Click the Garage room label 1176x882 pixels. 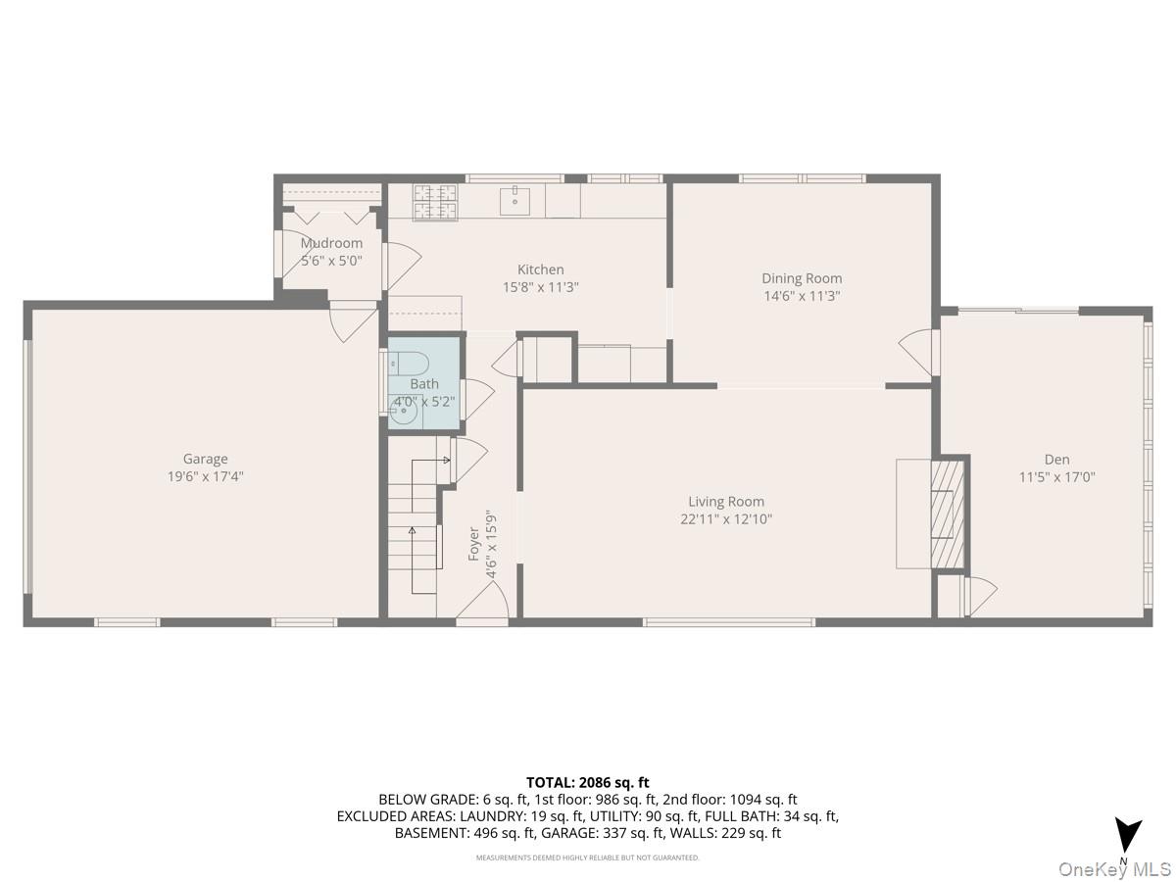pos(205,459)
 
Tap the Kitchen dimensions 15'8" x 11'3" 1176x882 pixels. pos(541,288)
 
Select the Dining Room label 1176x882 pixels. pos(802,278)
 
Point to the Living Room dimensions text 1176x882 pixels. pos(726,519)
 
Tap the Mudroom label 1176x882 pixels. pos(331,243)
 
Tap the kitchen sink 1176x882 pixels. pos(514,201)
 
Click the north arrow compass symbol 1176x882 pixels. pos(1129,836)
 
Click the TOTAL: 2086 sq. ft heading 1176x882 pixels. pos(588,782)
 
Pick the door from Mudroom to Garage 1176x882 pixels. pos(352,321)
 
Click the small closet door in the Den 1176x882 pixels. pos(979,596)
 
